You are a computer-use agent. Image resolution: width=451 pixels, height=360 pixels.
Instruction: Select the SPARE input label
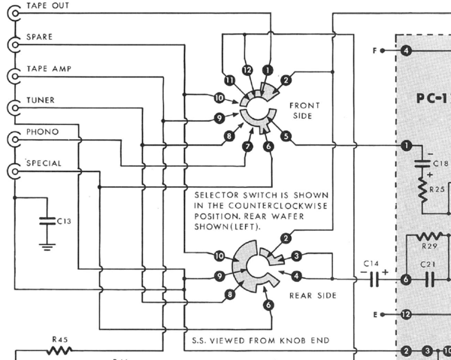click(x=39, y=37)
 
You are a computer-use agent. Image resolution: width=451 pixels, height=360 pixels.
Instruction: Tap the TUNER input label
click(x=40, y=100)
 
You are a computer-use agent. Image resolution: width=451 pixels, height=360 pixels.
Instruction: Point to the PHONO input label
click(x=41, y=132)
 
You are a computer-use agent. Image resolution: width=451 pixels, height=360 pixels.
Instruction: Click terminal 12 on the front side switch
click(x=249, y=69)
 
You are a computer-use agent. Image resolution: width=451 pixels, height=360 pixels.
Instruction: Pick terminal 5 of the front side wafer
click(x=286, y=137)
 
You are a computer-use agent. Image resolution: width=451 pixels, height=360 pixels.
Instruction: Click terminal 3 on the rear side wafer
click(x=296, y=256)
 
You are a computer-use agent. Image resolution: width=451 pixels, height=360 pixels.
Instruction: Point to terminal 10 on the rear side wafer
click(x=219, y=256)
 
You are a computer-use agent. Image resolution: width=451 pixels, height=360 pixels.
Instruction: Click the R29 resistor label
click(x=430, y=246)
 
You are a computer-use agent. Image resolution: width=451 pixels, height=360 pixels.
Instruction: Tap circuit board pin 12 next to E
click(x=406, y=314)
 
